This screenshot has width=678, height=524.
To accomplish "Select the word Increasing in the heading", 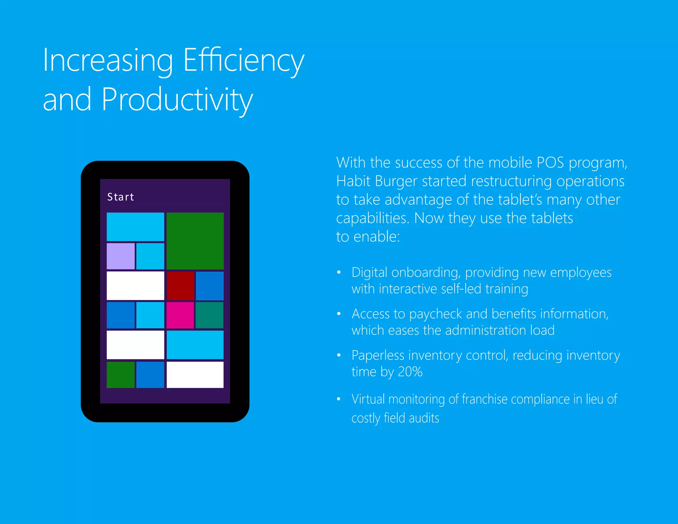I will (x=108, y=61).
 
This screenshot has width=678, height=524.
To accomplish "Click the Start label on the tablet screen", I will (x=121, y=197).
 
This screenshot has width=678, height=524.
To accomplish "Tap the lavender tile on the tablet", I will (x=121, y=256).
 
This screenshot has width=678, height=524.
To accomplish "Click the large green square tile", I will (x=195, y=241).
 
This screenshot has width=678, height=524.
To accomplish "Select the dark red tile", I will (x=180, y=286).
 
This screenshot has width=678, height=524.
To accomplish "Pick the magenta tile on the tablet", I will (x=180, y=315).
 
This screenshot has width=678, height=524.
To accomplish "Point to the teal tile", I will (x=209, y=315).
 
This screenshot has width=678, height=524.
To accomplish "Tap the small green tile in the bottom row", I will (x=121, y=375).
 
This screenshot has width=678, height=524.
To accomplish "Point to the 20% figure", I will (x=410, y=372).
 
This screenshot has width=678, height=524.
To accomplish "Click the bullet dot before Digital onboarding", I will (x=339, y=272).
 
